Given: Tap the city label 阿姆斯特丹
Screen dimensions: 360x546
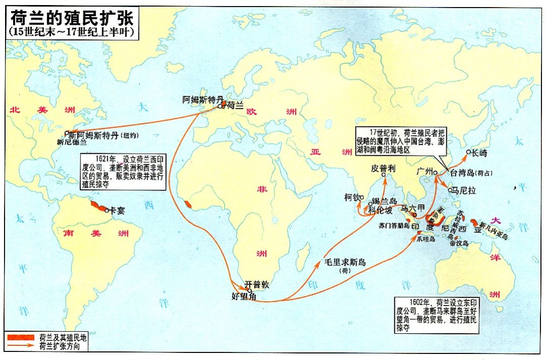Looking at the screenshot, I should (202, 100).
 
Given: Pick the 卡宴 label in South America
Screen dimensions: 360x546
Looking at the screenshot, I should (117, 211).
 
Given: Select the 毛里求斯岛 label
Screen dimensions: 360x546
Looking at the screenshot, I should (346, 262).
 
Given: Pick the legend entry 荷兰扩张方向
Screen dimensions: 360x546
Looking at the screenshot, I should (60, 346).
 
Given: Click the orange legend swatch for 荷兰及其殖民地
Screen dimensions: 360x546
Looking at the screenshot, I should (21, 337).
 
